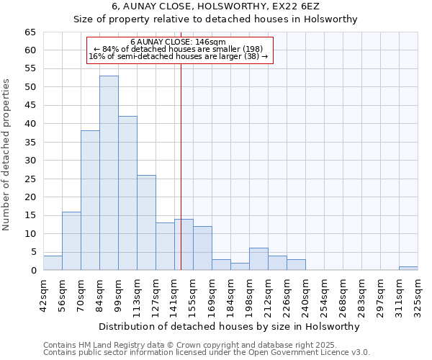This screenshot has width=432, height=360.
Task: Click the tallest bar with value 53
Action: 109,173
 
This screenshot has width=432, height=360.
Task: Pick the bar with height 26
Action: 146,222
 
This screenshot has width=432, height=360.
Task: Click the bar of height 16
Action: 71,240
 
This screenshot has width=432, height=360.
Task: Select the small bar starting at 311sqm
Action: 408,269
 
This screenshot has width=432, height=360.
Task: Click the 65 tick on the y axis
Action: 30,32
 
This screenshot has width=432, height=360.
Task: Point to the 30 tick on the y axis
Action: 30,161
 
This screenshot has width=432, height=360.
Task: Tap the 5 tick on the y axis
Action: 33,252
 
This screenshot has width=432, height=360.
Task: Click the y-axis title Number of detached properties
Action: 7,156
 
